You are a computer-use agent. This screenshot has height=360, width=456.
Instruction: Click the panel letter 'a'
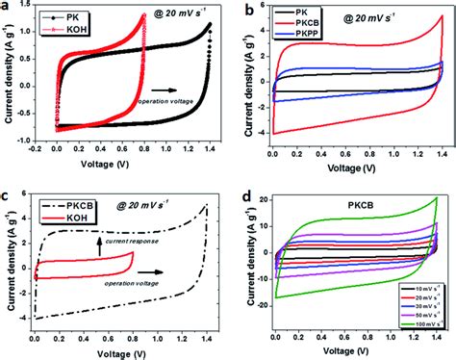point(7,9)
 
